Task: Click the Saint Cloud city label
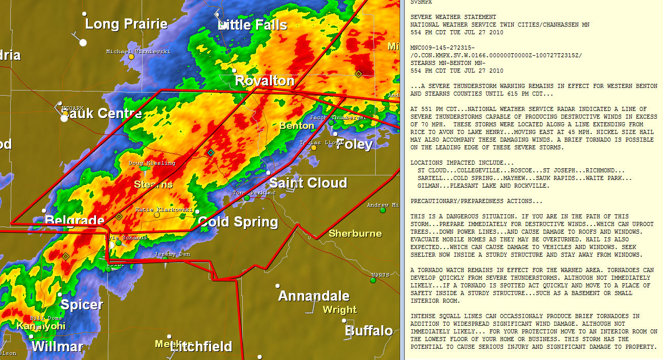308,183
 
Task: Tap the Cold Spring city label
238,222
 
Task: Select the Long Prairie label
126,24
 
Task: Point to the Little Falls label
253,25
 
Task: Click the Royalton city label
264,81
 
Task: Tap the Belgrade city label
75,221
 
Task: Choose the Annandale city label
313,296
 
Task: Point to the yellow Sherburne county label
355,234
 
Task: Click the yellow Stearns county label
153,184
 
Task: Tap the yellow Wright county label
339,309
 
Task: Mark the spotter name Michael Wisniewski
138,52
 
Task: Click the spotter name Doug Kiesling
152,163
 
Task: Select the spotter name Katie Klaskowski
164,210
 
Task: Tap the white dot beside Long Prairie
83,42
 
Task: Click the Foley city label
354,144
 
